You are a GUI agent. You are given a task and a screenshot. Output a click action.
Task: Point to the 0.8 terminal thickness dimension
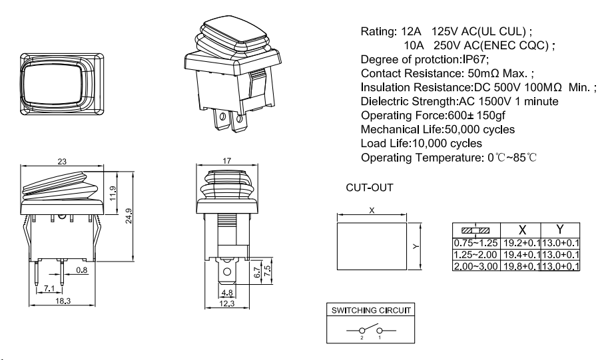click(81, 270)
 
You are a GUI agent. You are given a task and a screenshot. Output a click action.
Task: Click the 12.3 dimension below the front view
click(227, 303)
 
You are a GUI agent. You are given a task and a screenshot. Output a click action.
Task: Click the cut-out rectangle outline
click(372, 244)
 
